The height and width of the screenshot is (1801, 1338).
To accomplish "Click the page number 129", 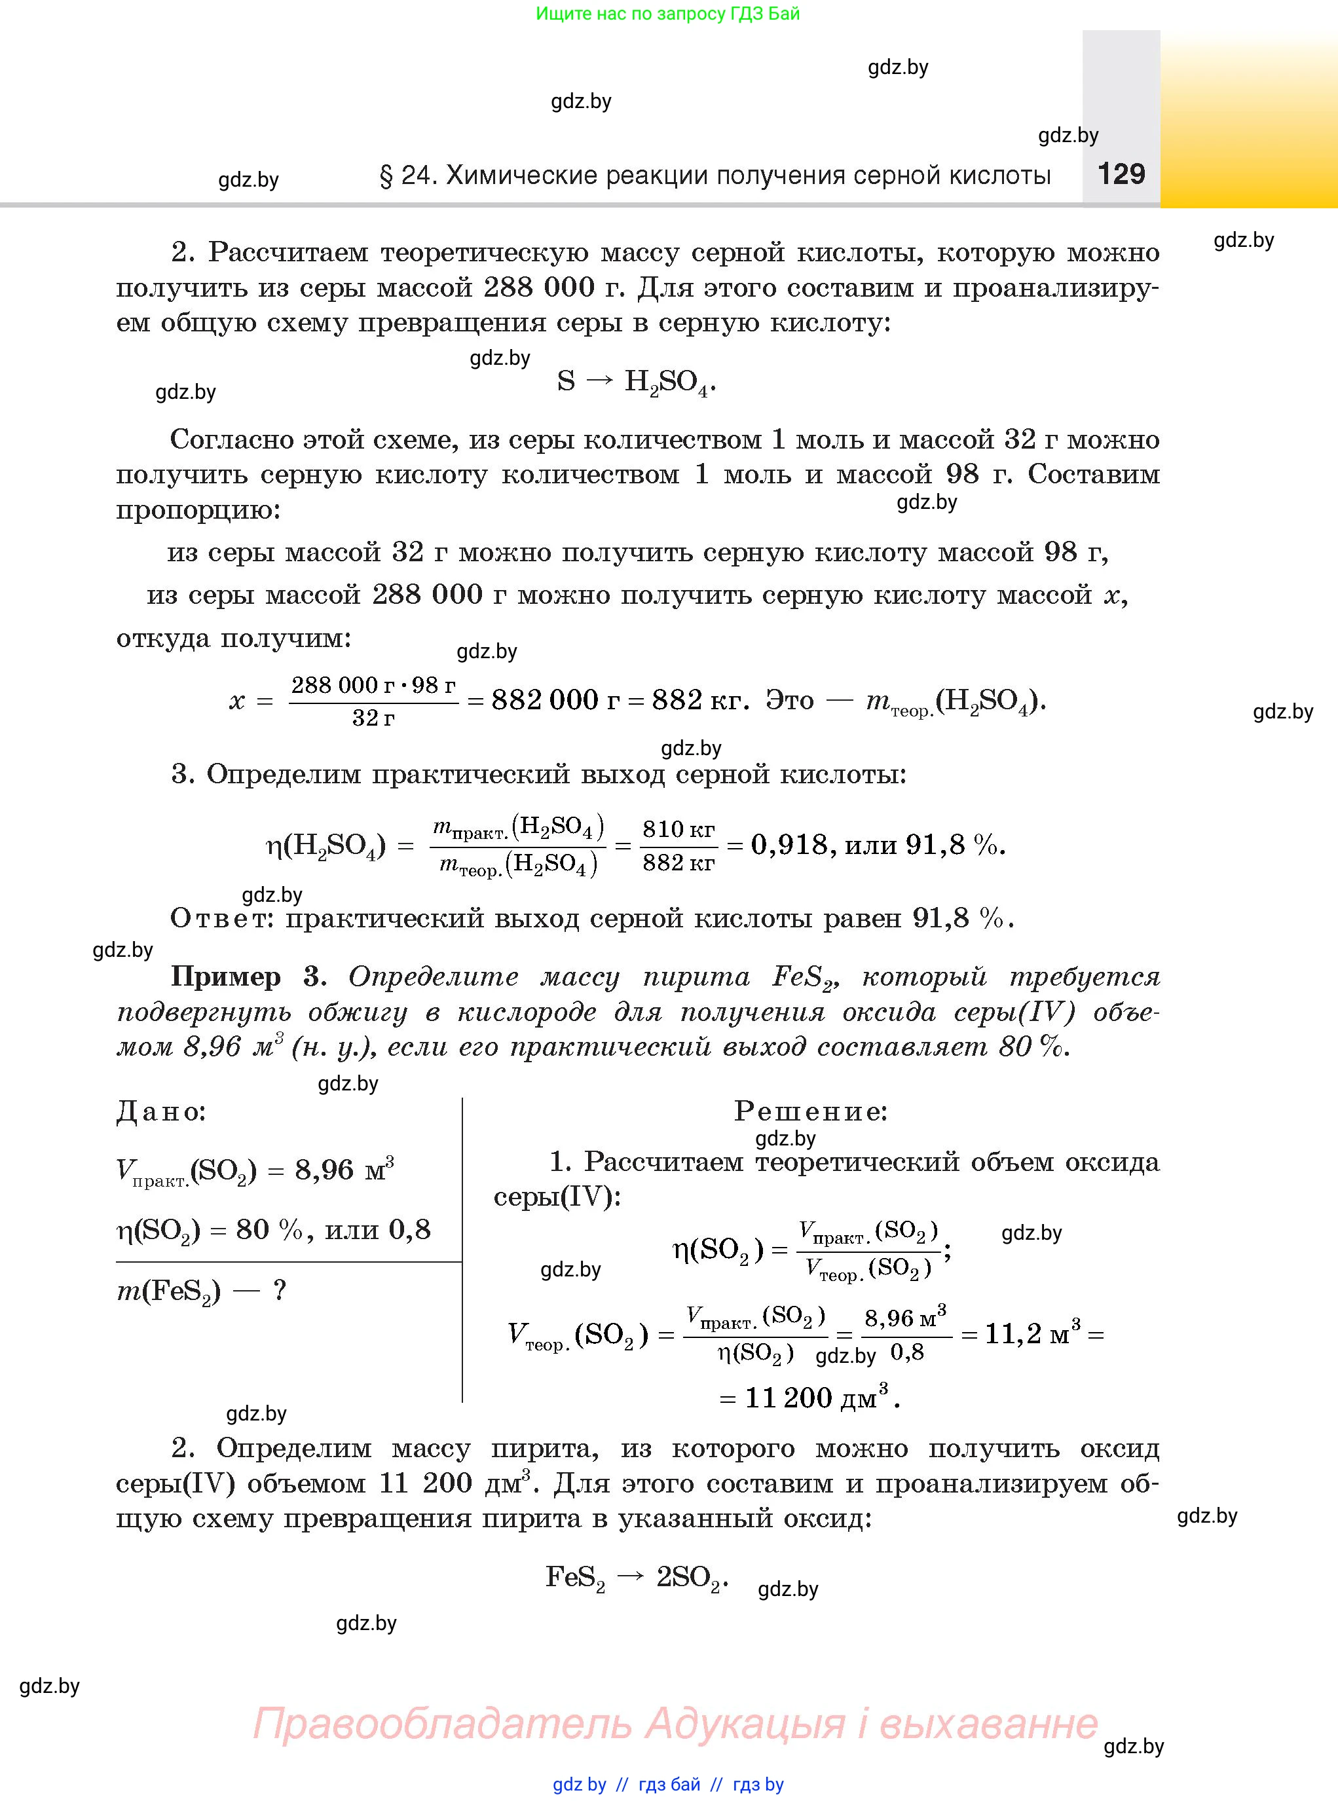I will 1121,174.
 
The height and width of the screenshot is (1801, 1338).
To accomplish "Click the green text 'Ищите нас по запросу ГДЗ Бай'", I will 667,14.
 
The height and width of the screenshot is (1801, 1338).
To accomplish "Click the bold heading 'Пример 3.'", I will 248,976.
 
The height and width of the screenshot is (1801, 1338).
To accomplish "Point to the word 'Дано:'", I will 161,1112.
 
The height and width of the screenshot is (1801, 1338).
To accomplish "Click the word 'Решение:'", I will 811,1111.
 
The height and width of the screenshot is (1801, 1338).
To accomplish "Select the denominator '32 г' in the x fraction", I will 373,718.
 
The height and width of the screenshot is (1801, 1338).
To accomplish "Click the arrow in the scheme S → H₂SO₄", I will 599,381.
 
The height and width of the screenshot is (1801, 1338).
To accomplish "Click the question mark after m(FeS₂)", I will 280,1290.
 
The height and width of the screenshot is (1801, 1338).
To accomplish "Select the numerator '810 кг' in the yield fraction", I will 678,828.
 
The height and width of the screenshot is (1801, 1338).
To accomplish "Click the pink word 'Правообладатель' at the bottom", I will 442,1722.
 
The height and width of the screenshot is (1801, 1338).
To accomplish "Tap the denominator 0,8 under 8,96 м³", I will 907,1352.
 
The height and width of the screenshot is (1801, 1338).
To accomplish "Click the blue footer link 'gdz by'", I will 579,1784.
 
